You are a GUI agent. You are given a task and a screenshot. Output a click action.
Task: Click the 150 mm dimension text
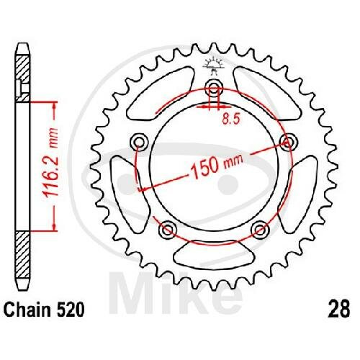click(217, 166)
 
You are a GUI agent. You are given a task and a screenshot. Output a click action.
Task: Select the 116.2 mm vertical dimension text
click(51, 163)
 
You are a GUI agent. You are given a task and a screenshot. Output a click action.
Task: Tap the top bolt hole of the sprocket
click(214, 88)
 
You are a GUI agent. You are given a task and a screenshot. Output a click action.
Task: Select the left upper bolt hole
click(139, 143)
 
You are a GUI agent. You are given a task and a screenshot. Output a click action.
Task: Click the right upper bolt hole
click(289, 143)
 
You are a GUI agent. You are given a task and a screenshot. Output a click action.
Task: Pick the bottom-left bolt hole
click(168, 230)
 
